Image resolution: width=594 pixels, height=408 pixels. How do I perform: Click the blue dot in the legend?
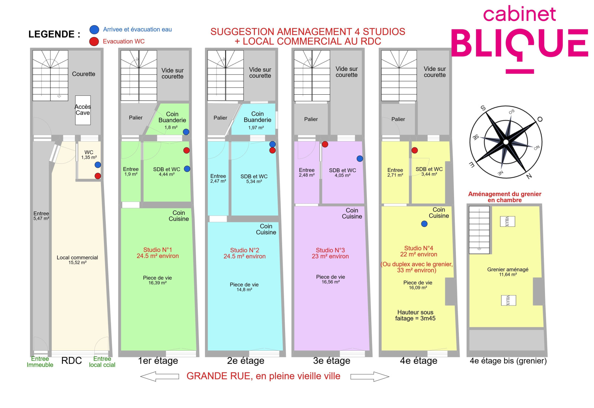94,30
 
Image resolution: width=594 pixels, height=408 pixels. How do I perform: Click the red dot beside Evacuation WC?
94,42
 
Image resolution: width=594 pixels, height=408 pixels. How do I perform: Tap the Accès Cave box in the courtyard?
83,110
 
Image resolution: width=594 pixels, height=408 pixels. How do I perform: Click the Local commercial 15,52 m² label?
77,260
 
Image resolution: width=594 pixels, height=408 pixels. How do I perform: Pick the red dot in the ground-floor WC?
98,176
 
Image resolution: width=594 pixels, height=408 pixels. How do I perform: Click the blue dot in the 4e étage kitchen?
424,224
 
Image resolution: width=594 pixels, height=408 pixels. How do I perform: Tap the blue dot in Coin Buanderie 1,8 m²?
186,132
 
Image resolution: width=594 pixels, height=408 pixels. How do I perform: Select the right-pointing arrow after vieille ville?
370,376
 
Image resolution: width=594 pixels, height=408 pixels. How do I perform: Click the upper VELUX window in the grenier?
507,222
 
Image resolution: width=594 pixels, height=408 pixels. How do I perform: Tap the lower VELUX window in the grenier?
508,300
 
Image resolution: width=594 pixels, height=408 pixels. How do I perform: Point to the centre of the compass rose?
506,142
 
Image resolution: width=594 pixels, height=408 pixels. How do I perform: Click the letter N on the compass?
529,176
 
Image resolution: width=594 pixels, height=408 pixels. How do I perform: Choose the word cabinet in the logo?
519,14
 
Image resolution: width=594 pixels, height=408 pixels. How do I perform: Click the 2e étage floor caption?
246,361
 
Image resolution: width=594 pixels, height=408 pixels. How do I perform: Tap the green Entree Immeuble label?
40,362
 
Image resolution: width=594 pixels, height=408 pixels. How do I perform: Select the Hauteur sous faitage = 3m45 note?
415,316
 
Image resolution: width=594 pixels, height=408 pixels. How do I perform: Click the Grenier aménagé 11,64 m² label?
507,272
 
